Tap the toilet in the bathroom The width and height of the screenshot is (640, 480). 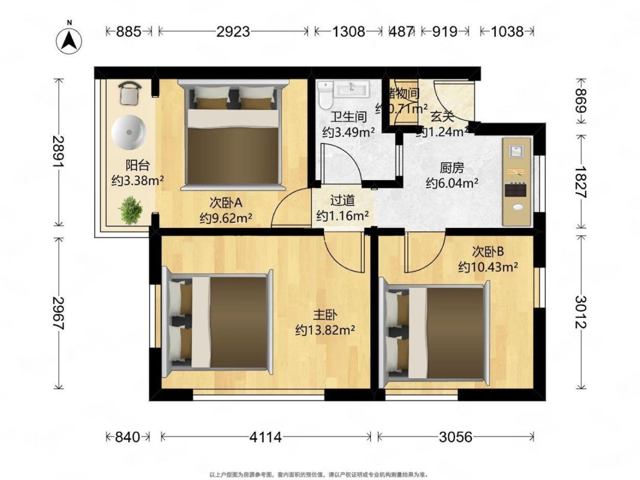pyautogui.click(x=325, y=94)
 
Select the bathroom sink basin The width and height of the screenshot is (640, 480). pyautogui.click(x=352, y=89)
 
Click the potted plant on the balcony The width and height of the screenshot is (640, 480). pyautogui.click(x=131, y=210)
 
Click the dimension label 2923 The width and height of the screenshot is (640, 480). pyautogui.click(x=233, y=32)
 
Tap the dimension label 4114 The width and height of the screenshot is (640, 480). pyautogui.click(x=266, y=437)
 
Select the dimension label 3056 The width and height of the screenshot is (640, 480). pyautogui.click(x=456, y=437)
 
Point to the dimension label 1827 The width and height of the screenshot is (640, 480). pyautogui.click(x=581, y=182)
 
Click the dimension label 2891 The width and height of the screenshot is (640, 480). pyautogui.click(x=59, y=152)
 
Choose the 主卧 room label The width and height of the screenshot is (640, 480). pyautogui.click(x=325, y=315)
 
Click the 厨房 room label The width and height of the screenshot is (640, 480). pyautogui.click(x=452, y=168)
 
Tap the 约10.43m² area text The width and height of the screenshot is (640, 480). pyautogui.click(x=488, y=267)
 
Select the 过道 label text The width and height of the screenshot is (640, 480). pyautogui.click(x=342, y=200)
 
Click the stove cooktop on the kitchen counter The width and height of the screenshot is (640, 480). pyautogui.click(x=516, y=190)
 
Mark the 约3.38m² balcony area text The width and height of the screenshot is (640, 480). pyautogui.click(x=138, y=180)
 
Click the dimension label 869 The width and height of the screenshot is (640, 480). pyautogui.click(x=581, y=100)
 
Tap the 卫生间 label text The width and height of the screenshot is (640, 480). pyautogui.click(x=349, y=117)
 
